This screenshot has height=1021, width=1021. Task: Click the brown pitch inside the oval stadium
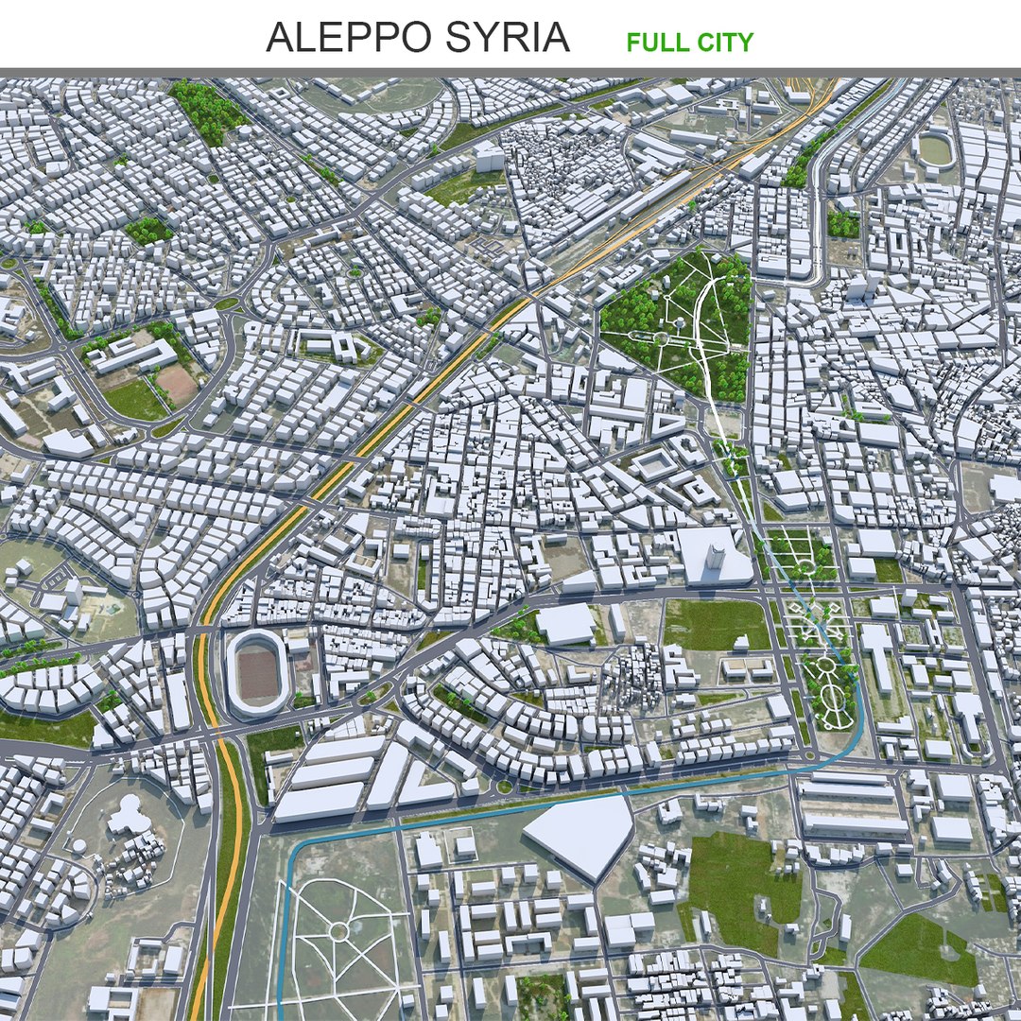[256, 672]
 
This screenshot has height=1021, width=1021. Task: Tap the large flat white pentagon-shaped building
[580, 833]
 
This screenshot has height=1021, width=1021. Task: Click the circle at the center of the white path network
[337, 932]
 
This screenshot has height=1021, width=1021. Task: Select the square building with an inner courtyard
[654, 464]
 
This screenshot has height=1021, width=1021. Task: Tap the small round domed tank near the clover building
[79, 845]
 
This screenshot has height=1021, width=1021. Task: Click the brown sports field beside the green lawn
[176, 383]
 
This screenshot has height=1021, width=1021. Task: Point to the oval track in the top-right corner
[935, 149]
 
